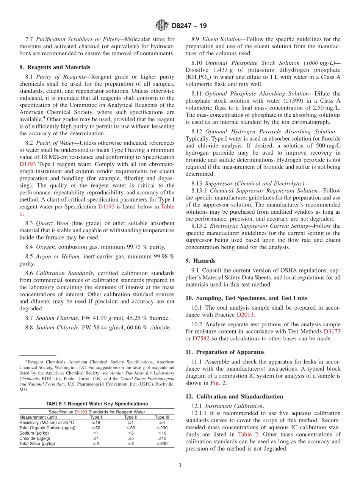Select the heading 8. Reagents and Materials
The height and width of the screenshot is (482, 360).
click(x=55, y=67)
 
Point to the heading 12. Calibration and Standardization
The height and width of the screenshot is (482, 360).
click(x=234, y=396)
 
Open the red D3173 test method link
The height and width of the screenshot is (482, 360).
click(x=332, y=331)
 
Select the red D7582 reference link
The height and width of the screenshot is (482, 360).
click(x=200, y=338)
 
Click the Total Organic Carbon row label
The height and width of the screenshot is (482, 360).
click(x=47, y=428)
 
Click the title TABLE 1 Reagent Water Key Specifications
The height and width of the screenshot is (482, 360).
click(x=97, y=404)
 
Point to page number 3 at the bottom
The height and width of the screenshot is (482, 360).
click(x=180, y=466)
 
